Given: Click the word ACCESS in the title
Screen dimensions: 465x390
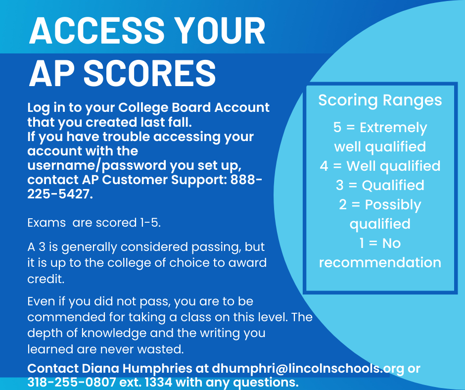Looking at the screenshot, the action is [x=96, y=31].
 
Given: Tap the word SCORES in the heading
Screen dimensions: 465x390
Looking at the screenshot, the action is [x=149, y=73].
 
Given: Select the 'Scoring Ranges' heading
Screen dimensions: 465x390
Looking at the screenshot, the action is [x=380, y=100].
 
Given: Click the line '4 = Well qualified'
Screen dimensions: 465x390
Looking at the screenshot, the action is [x=380, y=166].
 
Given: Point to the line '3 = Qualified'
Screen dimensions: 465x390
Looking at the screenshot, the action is [x=380, y=185].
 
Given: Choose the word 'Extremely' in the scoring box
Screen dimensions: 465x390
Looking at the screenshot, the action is [x=393, y=128].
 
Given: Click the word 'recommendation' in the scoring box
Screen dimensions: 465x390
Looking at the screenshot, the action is [x=380, y=263].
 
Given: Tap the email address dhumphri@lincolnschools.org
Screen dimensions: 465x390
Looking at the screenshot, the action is [x=308, y=368].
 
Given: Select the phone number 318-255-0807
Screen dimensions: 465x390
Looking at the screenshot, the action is [x=71, y=382].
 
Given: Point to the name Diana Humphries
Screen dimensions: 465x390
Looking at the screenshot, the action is [x=137, y=368].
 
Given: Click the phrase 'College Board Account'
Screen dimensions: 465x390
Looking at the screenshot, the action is [x=194, y=107].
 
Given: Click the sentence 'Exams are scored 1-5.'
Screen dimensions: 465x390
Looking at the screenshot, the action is [x=94, y=223].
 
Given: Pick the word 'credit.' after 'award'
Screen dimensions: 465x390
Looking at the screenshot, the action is [x=46, y=279].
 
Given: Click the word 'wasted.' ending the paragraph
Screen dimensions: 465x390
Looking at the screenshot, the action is [x=160, y=349].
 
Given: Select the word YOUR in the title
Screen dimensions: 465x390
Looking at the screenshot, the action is [x=222, y=31].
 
